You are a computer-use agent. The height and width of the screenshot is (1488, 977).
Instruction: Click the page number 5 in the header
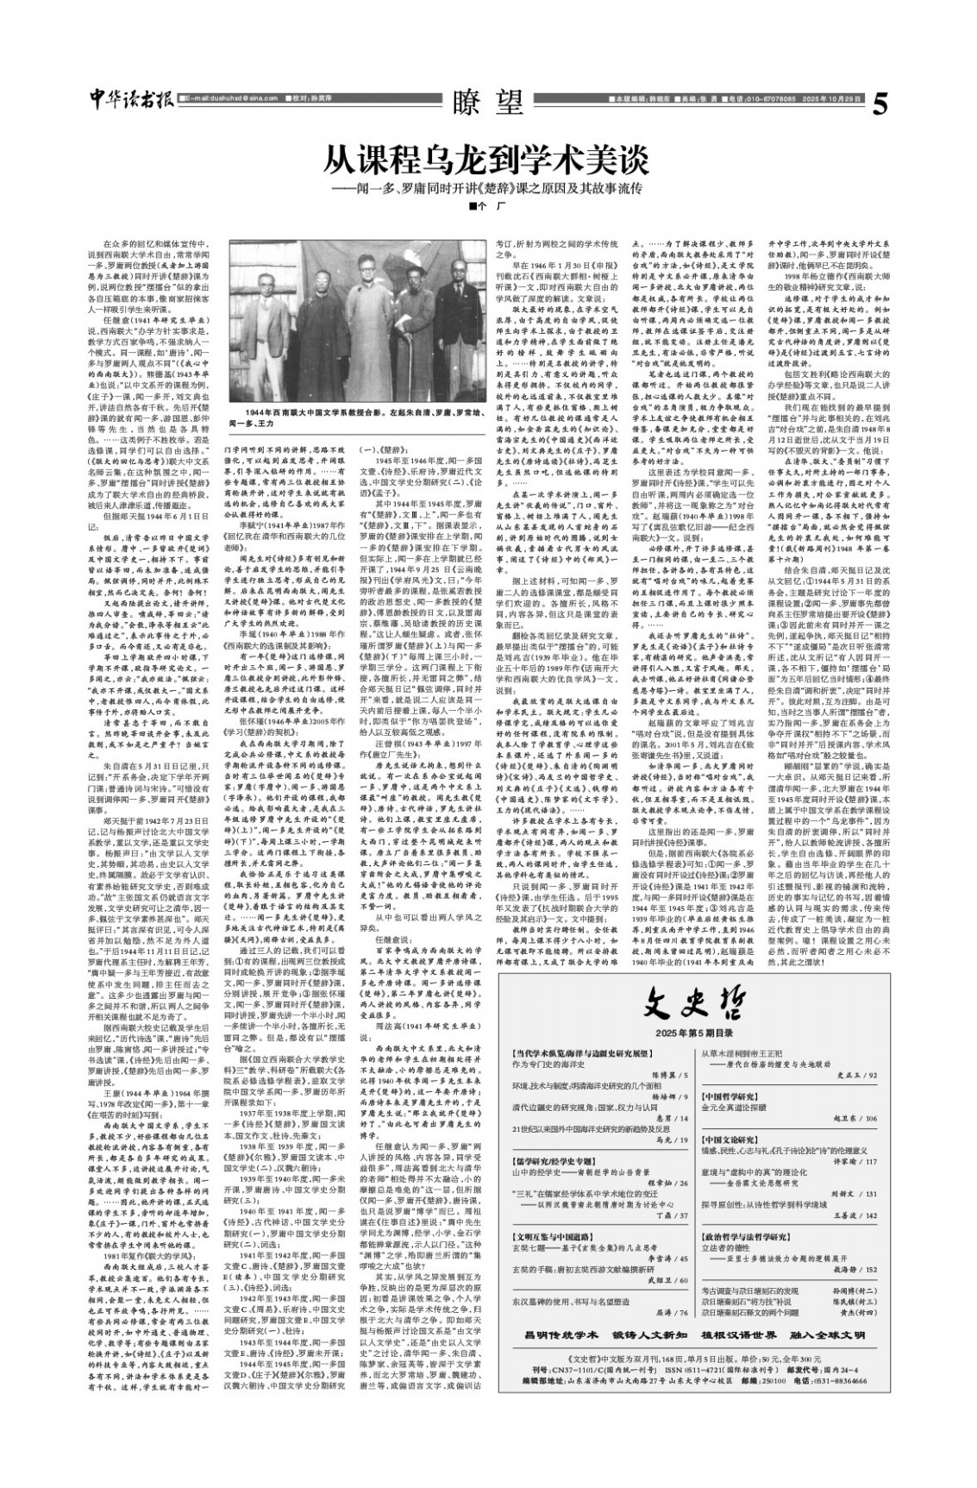pos(879,104)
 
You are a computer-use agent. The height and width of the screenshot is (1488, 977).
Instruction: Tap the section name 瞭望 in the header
pos(488,104)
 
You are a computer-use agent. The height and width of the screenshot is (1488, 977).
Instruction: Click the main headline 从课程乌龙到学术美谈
pos(487,160)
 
